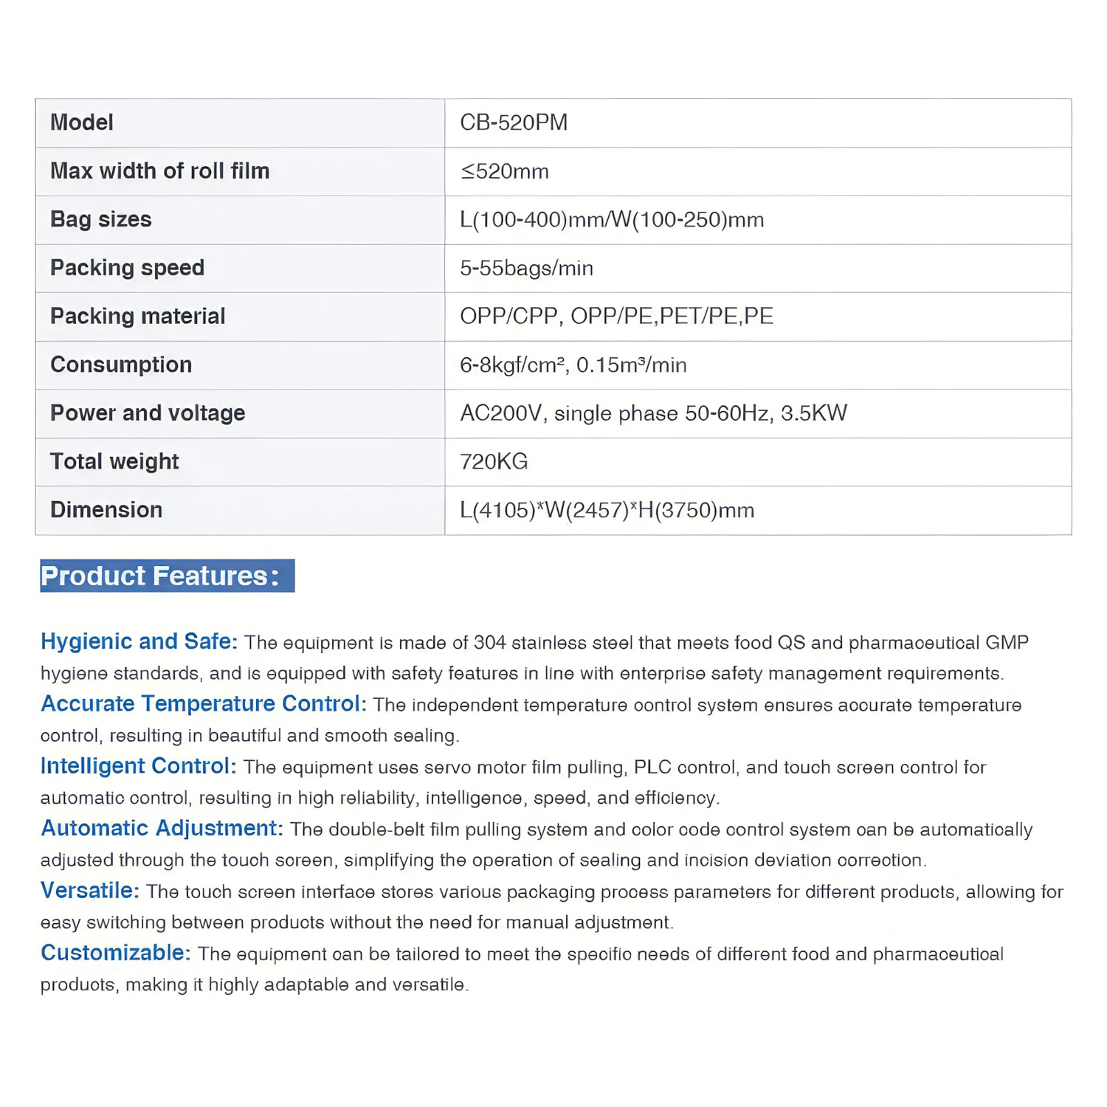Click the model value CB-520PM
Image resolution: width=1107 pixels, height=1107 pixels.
tap(514, 123)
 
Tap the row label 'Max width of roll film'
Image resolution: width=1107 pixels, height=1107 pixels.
tap(160, 171)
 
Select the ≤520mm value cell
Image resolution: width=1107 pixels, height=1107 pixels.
tap(505, 172)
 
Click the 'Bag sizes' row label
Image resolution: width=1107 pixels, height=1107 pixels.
tap(101, 219)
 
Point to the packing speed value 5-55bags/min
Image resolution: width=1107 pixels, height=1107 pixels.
tap(526, 268)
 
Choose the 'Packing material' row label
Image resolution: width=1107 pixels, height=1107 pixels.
tap(138, 317)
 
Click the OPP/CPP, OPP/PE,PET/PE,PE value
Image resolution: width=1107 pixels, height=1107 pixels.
tap(616, 317)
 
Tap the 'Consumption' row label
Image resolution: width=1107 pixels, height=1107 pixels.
tap(121, 365)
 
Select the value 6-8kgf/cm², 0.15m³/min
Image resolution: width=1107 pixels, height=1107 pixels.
tap(573, 365)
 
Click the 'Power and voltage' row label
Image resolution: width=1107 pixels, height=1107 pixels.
tap(148, 413)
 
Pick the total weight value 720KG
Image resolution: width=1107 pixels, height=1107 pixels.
tap(494, 462)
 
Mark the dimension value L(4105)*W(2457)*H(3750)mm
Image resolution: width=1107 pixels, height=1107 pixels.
tap(607, 510)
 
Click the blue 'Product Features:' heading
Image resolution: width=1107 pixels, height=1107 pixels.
tap(168, 576)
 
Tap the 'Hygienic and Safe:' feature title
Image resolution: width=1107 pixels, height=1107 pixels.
tap(139, 641)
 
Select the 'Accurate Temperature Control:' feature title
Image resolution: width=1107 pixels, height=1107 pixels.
tap(203, 704)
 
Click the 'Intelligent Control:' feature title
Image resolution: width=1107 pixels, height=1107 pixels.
tap(138, 766)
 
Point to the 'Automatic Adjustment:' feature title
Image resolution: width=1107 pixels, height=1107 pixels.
tap(162, 829)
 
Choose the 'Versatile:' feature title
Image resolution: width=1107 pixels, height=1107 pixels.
tap(89, 891)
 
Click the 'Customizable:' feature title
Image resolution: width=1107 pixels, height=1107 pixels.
tap(115, 953)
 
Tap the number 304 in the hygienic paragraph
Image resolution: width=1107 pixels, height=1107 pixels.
tap(489, 643)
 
